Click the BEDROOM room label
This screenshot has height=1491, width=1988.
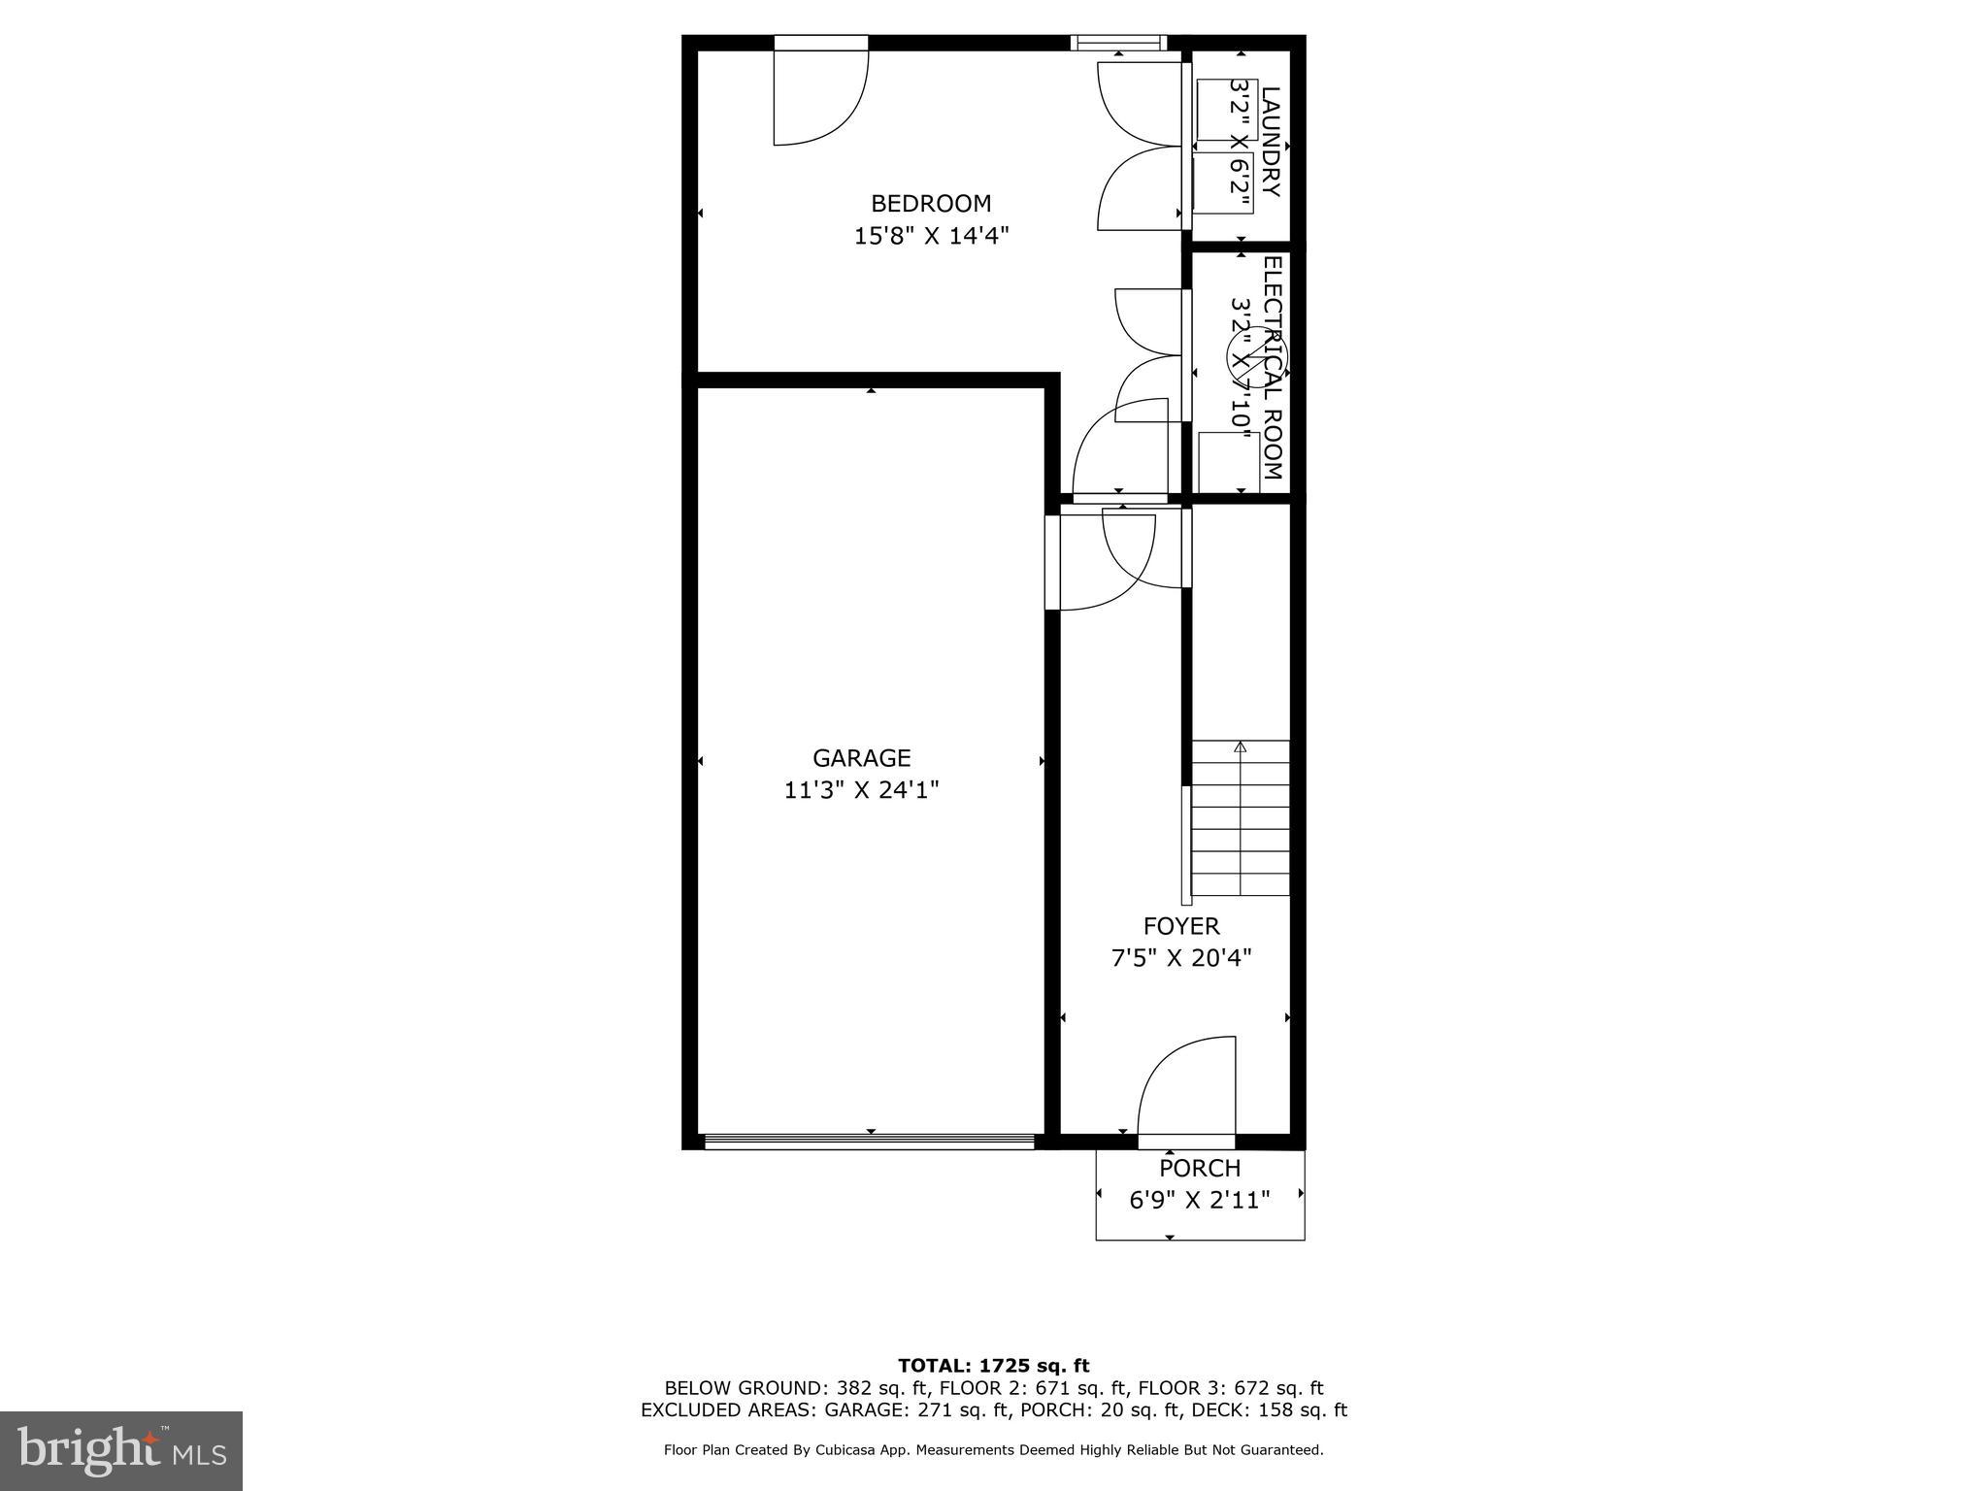coord(931,204)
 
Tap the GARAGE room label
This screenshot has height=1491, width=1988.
coord(862,758)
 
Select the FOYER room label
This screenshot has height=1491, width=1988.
coord(1181,926)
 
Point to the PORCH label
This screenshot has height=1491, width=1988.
coord(1200,1169)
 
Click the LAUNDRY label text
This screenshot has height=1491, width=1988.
coord(1271,142)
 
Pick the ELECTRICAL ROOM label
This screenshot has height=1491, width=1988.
coord(1273,368)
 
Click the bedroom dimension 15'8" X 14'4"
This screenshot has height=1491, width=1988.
coord(931,236)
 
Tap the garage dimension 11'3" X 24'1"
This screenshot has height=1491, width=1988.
coord(862,790)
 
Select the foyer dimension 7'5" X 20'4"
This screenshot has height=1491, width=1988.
coord(1181,958)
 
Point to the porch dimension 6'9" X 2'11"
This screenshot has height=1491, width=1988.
coord(1200,1201)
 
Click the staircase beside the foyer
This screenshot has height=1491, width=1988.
coord(1241,817)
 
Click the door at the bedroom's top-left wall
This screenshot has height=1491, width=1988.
coord(820,94)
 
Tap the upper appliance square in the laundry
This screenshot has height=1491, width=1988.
coord(1226,110)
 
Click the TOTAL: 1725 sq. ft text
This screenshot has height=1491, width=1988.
coord(993,1367)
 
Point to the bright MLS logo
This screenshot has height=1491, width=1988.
coord(121,1451)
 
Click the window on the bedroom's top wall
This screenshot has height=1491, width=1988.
coord(1117,43)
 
